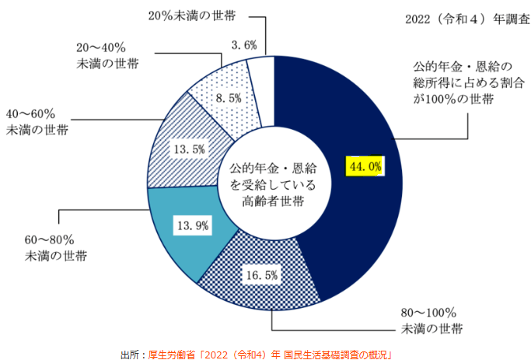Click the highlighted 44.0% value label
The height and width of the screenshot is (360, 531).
364,166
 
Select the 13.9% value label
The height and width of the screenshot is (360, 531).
192,225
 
